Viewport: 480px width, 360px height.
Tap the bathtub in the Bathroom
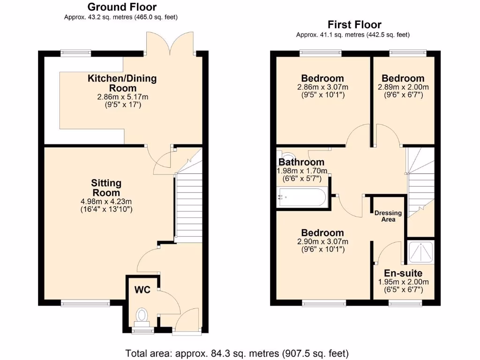[302, 197]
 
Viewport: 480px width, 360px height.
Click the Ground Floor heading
[122, 7]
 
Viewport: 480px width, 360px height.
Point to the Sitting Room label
[106, 187]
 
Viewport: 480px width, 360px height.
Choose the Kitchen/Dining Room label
[122, 83]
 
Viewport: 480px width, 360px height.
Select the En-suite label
[403, 273]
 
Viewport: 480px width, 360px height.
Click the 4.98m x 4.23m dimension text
[106, 202]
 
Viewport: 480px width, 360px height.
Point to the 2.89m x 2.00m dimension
[403, 87]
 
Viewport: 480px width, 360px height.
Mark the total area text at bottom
[237, 352]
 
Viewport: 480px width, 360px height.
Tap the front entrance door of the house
[187, 323]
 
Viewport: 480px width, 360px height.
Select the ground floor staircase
[188, 206]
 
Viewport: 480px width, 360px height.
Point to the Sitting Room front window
[85, 304]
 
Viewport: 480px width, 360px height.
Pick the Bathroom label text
[301, 162]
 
